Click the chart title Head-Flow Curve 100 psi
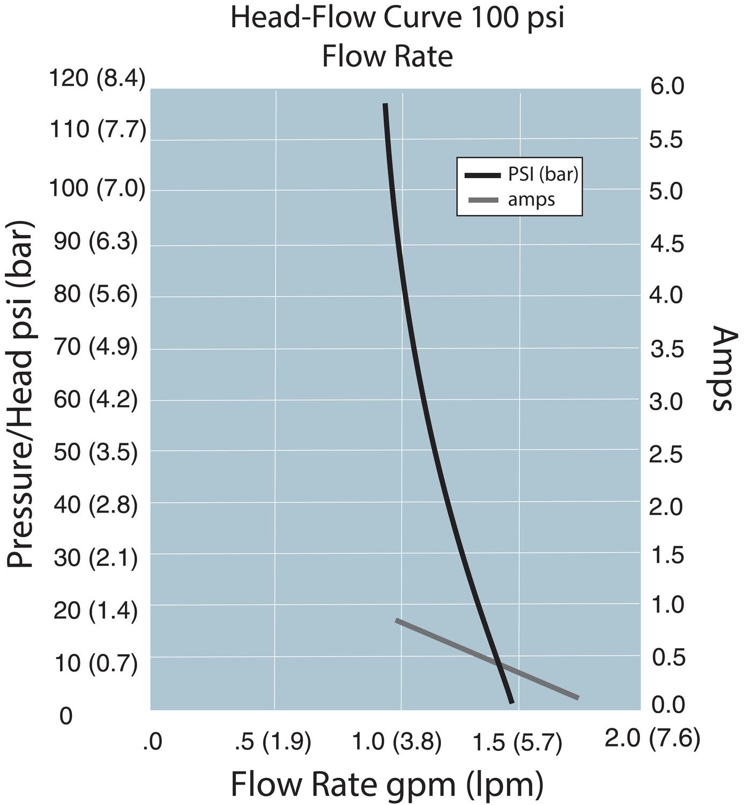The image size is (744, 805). (x=397, y=18)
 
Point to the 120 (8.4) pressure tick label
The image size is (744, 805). (x=97, y=79)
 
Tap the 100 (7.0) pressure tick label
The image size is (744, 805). (x=97, y=189)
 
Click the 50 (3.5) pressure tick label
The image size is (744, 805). (x=96, y=452)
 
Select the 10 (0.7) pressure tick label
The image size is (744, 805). (x=96, y=663)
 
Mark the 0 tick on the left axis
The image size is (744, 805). (x=66, y=716)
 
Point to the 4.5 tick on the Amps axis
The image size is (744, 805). (x=667, y=245)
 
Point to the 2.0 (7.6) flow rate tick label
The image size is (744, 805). (x=652, y=740)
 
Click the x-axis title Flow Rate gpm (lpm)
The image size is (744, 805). (x=387, y=785)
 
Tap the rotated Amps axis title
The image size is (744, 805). (x=724, y=368)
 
